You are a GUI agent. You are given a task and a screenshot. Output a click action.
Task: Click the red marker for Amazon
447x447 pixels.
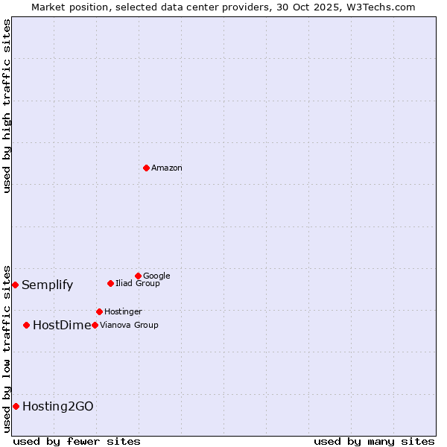pyautogui.click(x=146, y=168)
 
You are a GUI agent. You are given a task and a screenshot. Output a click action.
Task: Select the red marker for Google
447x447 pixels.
pyautogui.click(x=138, y=276)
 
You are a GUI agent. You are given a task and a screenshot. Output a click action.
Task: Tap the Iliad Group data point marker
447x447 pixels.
pyautogui.click(x=110, y=283)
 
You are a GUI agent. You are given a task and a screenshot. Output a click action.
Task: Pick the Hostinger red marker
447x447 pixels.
pyautogui.click(x=99, y=311)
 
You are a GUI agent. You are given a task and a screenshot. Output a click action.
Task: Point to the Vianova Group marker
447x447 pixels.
pyautogui.click(x=95, y=325)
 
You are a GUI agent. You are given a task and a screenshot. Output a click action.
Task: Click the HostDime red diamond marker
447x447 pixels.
pyautogui.click(x=27, y=325)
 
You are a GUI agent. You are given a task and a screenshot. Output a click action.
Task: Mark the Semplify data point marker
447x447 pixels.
pyautogui.click(x=15, y=285)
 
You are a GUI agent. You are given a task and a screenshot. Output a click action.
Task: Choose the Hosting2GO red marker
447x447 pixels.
pyautogui.click(x=16, y=406)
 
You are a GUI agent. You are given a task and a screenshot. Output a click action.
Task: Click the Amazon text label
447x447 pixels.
pyautogui.click(x=167, y=168)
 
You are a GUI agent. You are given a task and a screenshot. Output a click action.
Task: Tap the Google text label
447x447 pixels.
pyautogui.click(x=156, y=276)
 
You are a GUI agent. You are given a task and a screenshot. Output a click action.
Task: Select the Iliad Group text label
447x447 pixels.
pyautogui.click(x=138, y=283)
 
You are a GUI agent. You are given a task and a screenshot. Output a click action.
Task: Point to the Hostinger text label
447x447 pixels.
pyautogui.click(x=123, y=311)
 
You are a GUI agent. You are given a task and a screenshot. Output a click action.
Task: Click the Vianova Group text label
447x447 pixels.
pyautogui.click(x=129, y=325)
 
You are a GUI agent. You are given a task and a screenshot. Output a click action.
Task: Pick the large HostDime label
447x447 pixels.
pyautogui.click(x=62, y=325)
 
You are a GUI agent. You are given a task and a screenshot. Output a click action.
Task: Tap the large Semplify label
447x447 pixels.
pyautogui.click(x=48, y=285)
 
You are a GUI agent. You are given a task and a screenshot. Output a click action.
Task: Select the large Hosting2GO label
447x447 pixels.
pyautogui.click(x=58, y=406)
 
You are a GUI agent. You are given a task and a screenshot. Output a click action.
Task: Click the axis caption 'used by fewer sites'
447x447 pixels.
pyautogui.click(x=77, y=441)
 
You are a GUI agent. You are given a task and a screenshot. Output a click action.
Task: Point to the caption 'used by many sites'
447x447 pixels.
pyautogui.click(x=374, y=441)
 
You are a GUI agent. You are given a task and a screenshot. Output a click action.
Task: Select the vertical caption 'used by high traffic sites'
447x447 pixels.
pyautogui.click(x=7, y=106)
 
